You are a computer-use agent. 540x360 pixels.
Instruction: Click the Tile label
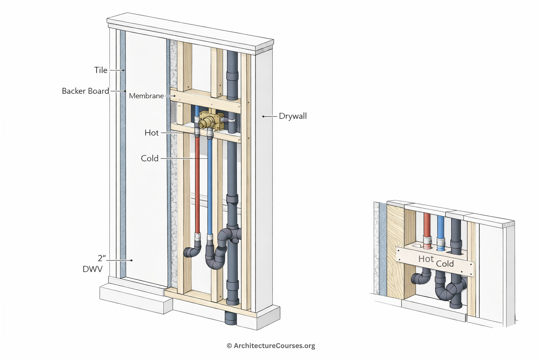point(101,70)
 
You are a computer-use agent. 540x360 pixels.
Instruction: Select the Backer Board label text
point(85,91)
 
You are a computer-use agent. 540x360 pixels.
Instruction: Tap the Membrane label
point(146,96)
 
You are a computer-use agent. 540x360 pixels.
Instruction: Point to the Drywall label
point(292,116)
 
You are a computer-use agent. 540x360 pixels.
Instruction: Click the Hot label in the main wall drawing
point(152,133)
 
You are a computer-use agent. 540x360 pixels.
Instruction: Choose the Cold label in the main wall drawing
point(150,159)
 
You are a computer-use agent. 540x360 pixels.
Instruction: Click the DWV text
point(92,269)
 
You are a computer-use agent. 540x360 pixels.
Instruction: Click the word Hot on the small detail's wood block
point(426,259)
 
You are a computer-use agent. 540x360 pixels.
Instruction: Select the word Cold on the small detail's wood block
point(445,264)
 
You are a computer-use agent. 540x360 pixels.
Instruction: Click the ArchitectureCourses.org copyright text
point(271,346)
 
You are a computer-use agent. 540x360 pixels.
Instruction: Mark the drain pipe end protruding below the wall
point(231,318)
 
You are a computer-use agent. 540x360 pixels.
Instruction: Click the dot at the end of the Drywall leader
point(263,116)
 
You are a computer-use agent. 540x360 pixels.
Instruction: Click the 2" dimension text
point(102,258)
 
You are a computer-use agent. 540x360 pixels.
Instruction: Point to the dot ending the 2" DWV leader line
point(131,261)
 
